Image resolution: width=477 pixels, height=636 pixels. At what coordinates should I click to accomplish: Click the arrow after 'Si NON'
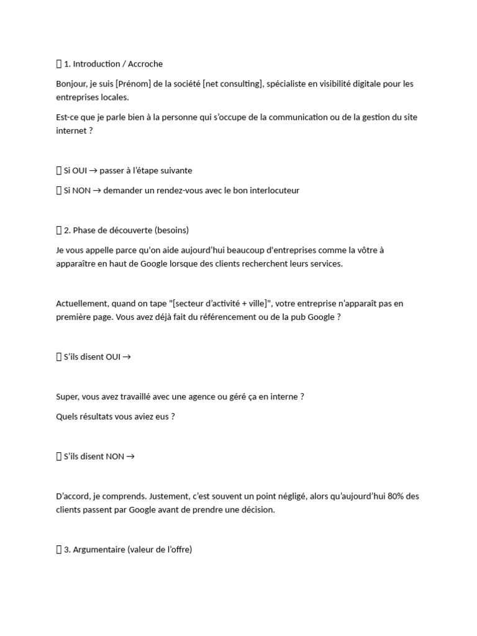tap(97, 190)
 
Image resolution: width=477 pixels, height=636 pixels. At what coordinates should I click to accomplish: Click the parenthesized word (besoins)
tap(171, 230)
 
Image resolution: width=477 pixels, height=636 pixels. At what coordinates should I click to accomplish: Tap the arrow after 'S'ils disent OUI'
tap(127, 357)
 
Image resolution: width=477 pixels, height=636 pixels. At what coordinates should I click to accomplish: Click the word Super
tap(66, 396)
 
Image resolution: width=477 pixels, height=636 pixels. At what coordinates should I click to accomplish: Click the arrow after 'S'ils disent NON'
tap(130, 457)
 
